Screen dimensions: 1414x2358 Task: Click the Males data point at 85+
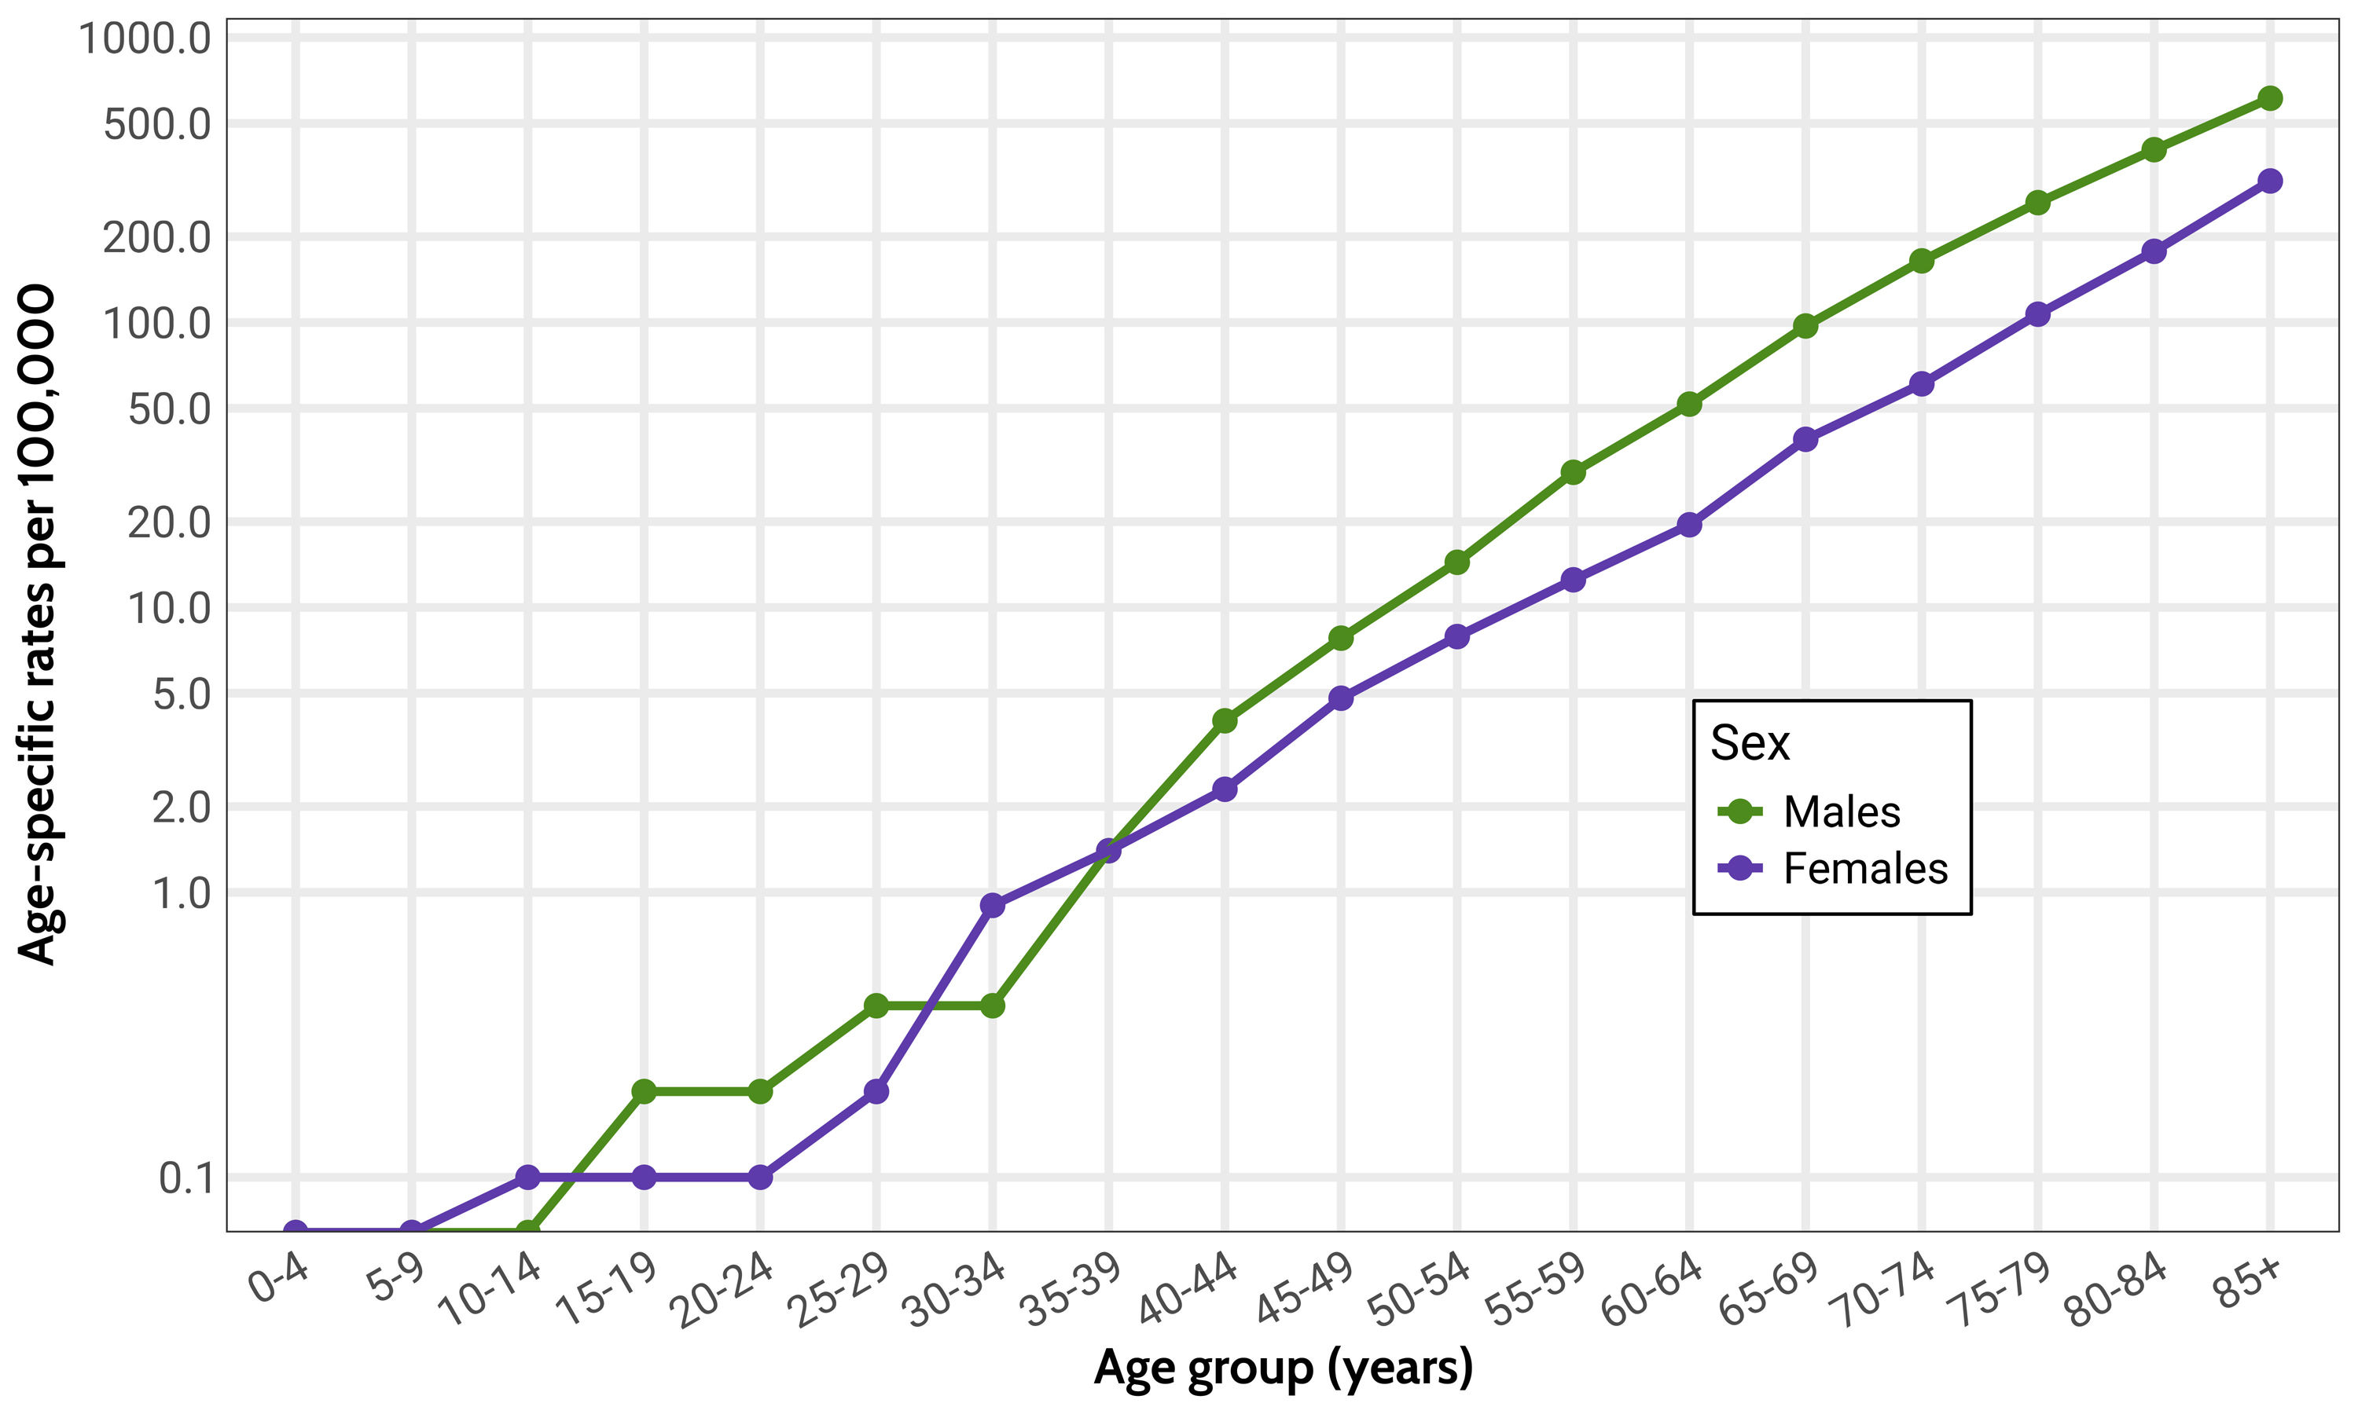[x=2269, y=98]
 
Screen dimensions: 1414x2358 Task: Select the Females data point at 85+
[x=2269, y=181]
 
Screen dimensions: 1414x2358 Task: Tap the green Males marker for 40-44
[x=1225, y=721]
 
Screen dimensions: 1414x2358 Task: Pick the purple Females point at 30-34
[x=992, y=905]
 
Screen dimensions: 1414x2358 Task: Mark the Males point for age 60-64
[x=1689, y=404]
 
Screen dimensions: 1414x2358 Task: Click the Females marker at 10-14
[x=528, y=1178]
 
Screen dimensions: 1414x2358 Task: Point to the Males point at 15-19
[x=645, y=1091]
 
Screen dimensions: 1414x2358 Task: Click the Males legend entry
[x=1841, y=811]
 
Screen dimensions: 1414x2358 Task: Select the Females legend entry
[x=1864, y=868]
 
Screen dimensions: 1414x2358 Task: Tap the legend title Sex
[x=1749, y=743]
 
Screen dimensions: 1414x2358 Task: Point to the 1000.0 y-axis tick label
[x=145, y=39]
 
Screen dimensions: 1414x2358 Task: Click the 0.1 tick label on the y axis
[x=185, y=1178]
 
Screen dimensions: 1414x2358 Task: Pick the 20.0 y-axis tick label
[x=170, y=522]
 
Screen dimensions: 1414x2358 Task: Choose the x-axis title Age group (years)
[x=1283, y=1368]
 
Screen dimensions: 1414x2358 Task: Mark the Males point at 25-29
[x=876, y=1006]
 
